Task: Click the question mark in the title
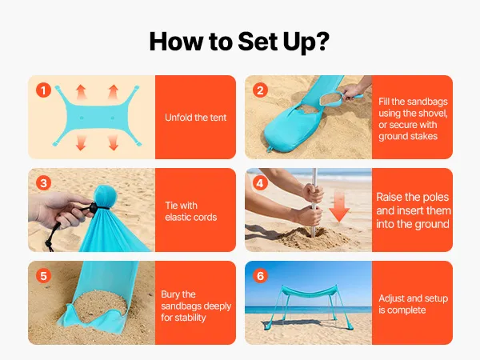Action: tap(322, 41)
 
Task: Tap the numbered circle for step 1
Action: tap(43, 90)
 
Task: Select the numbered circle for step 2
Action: tap(260, 90)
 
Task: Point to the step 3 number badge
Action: tap(43, 183)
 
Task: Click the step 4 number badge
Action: tap(260, 183)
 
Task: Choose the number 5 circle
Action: tap(43, 276)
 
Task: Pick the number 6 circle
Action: tap(260, 276)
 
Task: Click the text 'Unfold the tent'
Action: tap(196, 118)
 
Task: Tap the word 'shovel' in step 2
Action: tap(432, 114)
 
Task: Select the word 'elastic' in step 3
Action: tap(178, 218)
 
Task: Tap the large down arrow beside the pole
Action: tap(339, 206)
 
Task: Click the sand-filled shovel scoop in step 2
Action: tap(330, 98)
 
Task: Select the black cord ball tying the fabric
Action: tap(92, 207)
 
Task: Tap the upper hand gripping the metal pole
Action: tap(313, 193)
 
